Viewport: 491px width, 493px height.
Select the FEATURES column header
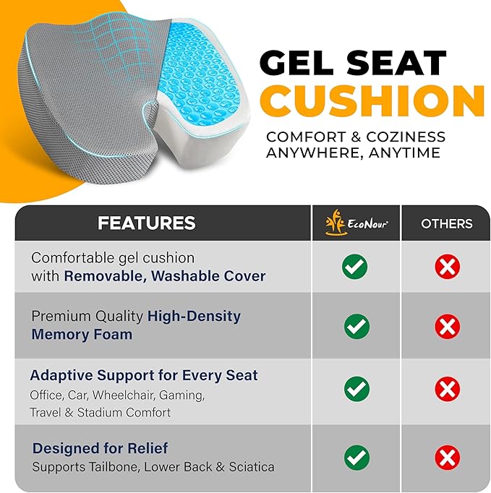147,223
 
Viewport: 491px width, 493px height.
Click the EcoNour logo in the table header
356,223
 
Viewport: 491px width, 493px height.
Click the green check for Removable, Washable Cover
355,267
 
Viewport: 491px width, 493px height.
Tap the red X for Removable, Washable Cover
448,267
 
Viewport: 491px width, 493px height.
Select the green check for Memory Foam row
355,326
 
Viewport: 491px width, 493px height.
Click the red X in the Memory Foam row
448,326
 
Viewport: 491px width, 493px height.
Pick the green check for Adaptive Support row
355,390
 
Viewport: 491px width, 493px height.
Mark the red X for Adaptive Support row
448,390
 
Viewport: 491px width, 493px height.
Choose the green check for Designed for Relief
355,457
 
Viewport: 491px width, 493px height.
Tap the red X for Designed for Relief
448,457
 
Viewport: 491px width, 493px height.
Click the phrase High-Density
194,316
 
